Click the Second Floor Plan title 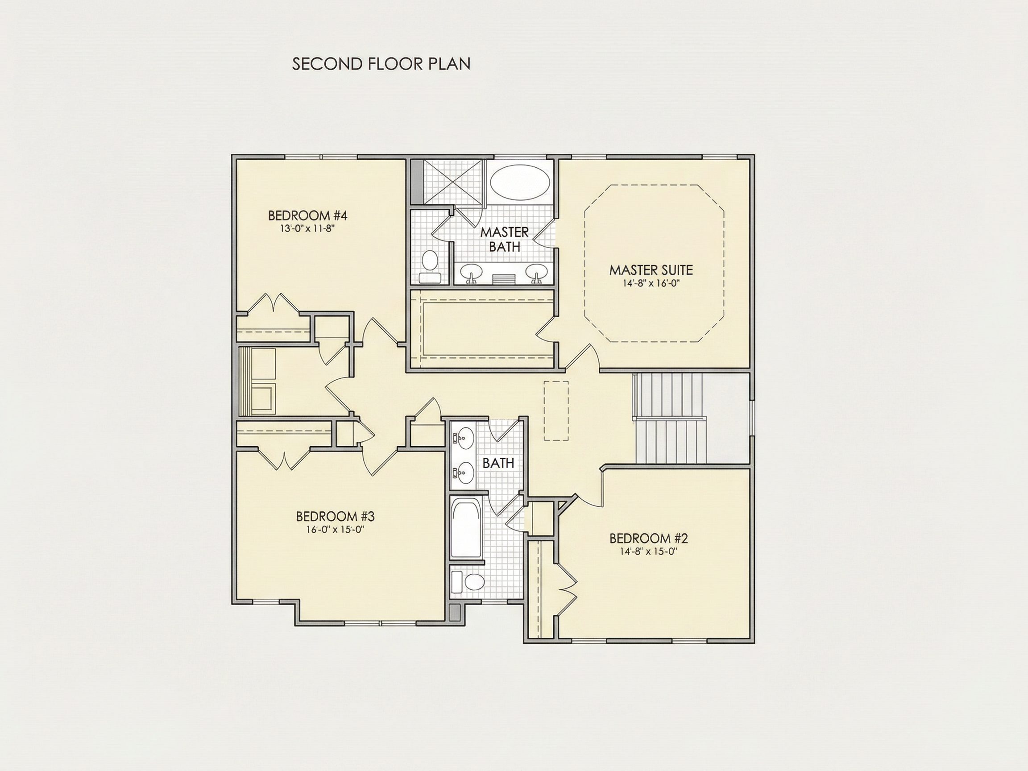tap(381, 64)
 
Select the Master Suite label tap(651, 270)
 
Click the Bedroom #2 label tap(648, 539)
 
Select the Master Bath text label tap(504, 239)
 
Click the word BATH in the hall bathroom tap(498, 463)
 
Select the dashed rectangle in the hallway tap(556, 410)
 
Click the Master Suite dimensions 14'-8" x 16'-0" tap(651, 283)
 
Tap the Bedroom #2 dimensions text tap(648, 551)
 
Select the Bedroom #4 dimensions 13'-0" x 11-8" tap(308, 228)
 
